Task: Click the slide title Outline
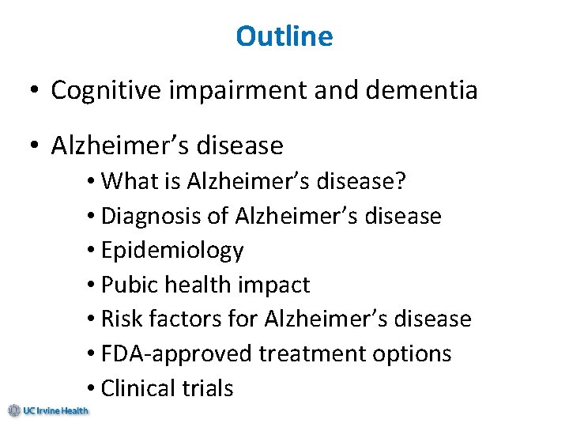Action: point(284,36)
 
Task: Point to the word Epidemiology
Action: point(173,251)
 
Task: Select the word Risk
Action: point(121,319)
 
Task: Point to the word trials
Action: point(209,389)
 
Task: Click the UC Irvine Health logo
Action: point(48,410)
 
